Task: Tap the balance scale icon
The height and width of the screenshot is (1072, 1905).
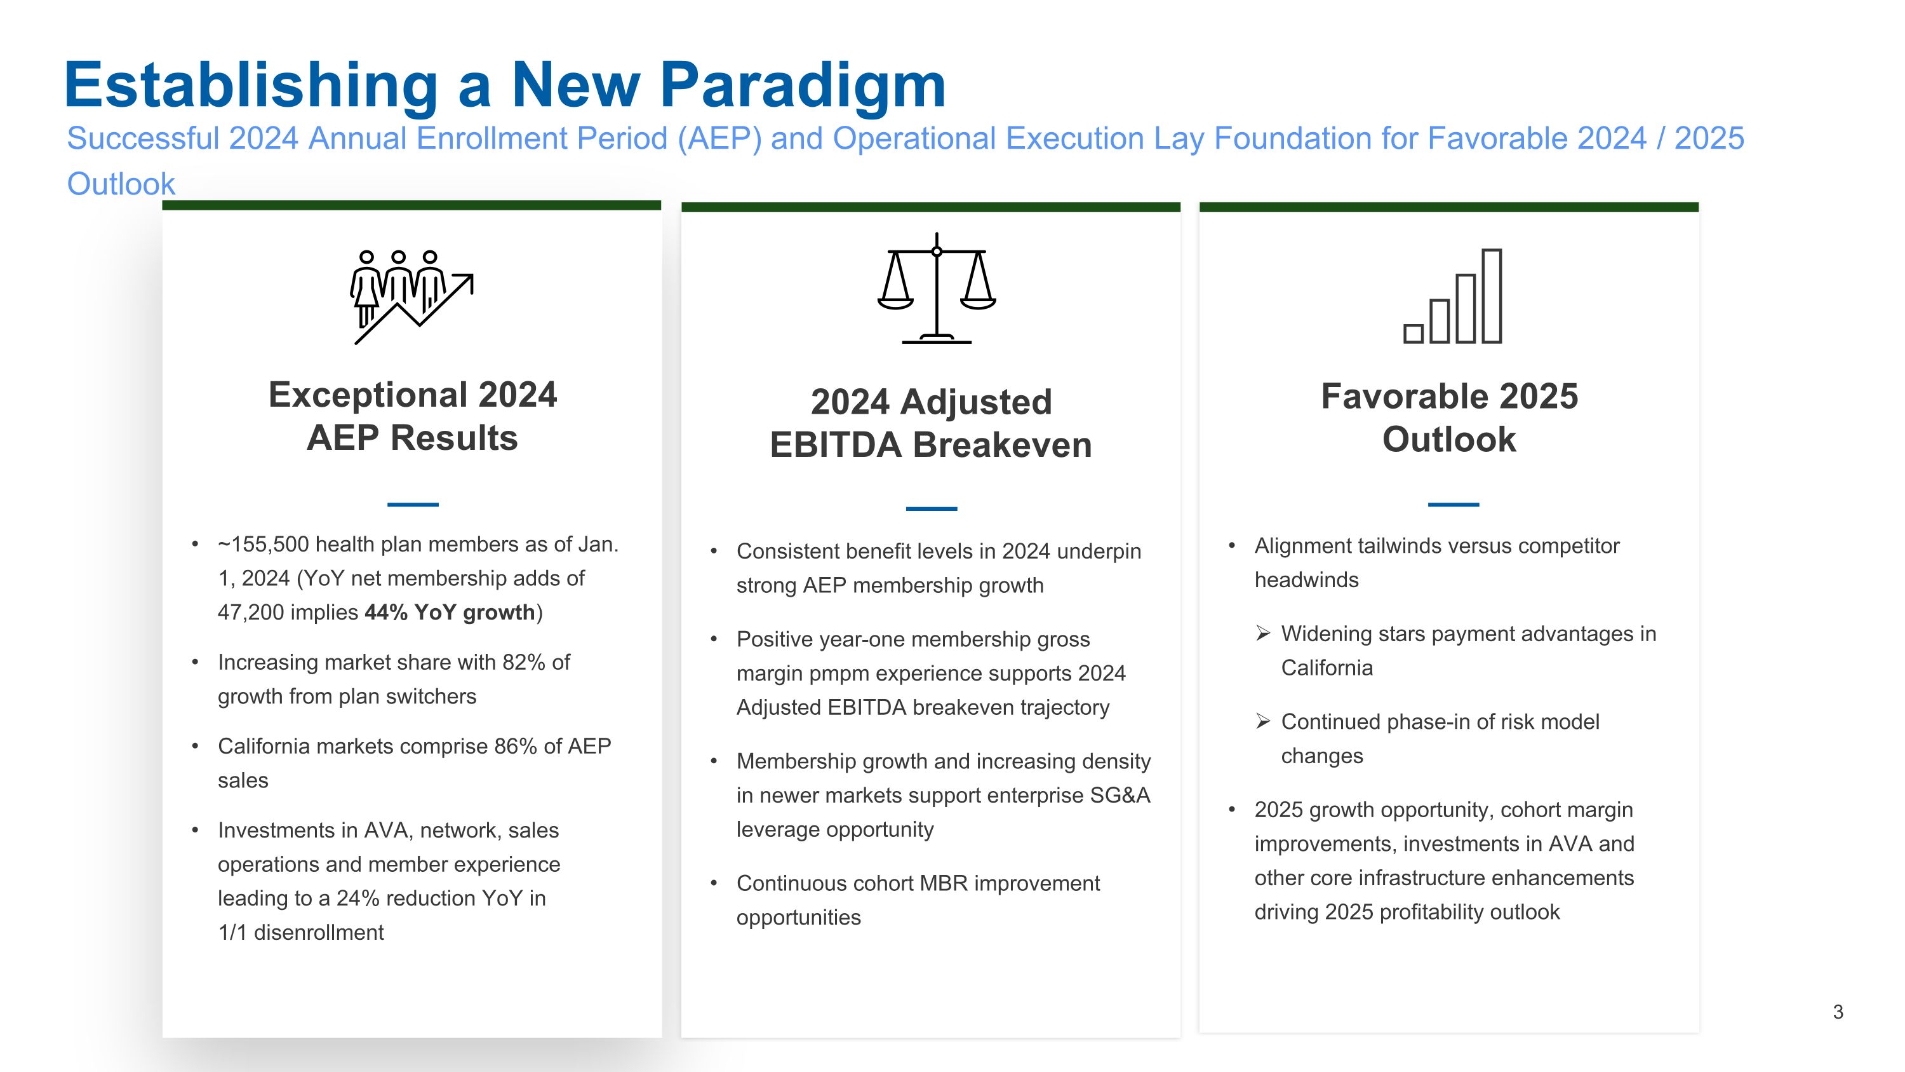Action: click(x=936, y=288)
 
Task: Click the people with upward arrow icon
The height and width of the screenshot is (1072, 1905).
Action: click(x=411, y=297)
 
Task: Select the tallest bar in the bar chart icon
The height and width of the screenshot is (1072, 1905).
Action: click(x=1492, y=296)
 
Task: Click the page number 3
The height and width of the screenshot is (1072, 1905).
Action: click(x=1838, y=1012)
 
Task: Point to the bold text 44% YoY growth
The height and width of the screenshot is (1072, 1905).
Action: click(x=450, y=613)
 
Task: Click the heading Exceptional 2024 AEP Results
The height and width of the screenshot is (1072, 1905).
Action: click(x=412, y=416)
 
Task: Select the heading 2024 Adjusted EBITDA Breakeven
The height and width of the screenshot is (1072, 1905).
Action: click(x=930, y=423)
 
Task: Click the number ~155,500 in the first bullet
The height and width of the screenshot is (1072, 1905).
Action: click(x=264, y=545)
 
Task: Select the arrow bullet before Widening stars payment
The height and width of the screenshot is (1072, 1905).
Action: click(x=1263, y=634)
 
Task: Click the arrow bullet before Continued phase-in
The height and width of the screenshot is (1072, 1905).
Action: click(x=1263, y=721)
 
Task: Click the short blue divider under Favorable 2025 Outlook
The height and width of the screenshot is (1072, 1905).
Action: click(x=1453, y=505)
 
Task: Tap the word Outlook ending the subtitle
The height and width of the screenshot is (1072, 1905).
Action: click(x=121, y=184)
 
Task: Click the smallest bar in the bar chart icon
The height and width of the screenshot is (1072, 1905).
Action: click(x=1414, y=334)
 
